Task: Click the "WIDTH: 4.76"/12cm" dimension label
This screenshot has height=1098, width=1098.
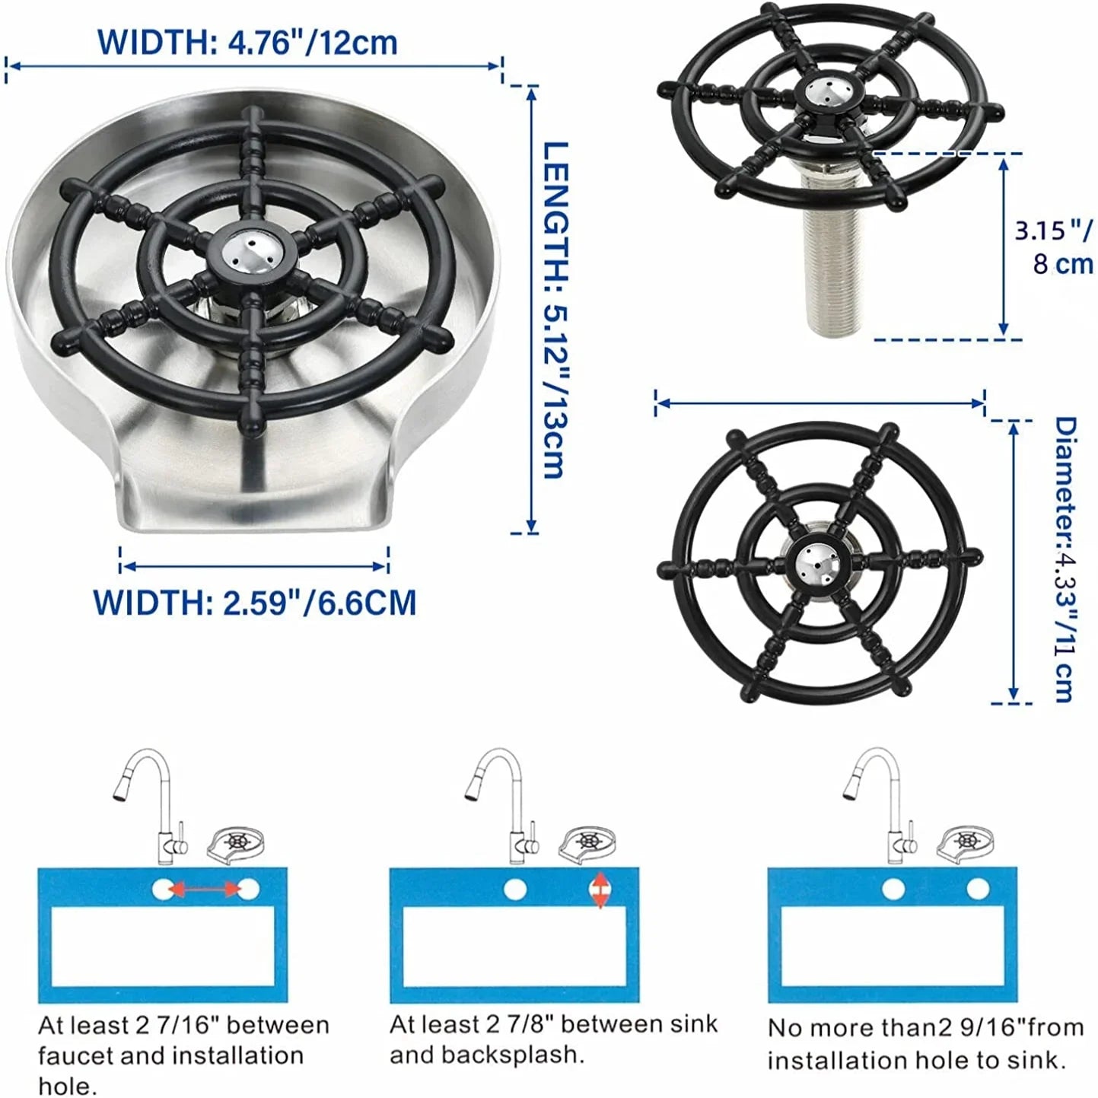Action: tap(248, 42)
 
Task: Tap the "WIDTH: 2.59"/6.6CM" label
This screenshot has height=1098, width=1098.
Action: tap(255, 603)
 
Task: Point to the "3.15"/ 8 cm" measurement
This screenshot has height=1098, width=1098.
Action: tap(1054, 247)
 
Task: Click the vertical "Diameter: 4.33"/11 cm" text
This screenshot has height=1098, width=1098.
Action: tap(1065, 559)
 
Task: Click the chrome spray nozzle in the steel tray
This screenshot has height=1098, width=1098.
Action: tap(250, 250)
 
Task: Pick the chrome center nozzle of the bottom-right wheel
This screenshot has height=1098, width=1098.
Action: tap(819, 560)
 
